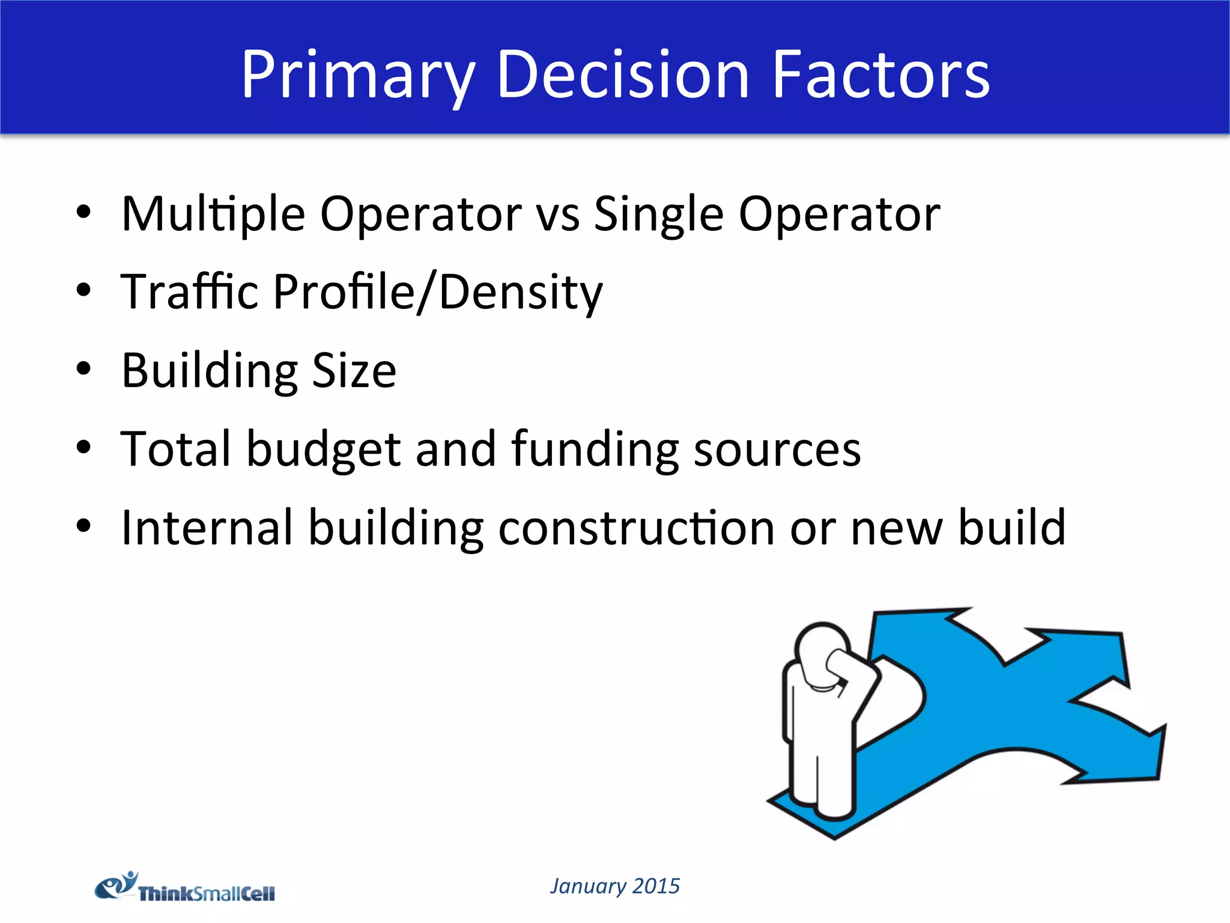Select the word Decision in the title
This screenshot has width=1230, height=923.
623,75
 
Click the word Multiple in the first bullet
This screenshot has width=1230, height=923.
213,214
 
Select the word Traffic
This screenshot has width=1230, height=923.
189,292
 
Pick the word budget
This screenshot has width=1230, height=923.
324,449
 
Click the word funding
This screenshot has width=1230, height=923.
595,449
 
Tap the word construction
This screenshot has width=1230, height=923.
636,528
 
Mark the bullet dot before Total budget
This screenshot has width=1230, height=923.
83,447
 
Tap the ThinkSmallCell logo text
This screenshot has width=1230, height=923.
207,894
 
